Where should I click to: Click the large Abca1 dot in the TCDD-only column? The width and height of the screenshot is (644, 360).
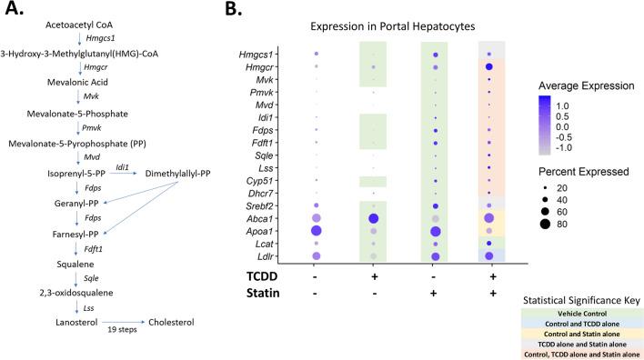(373, 219)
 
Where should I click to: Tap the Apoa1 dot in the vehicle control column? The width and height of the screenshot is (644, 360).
(316, 232)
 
